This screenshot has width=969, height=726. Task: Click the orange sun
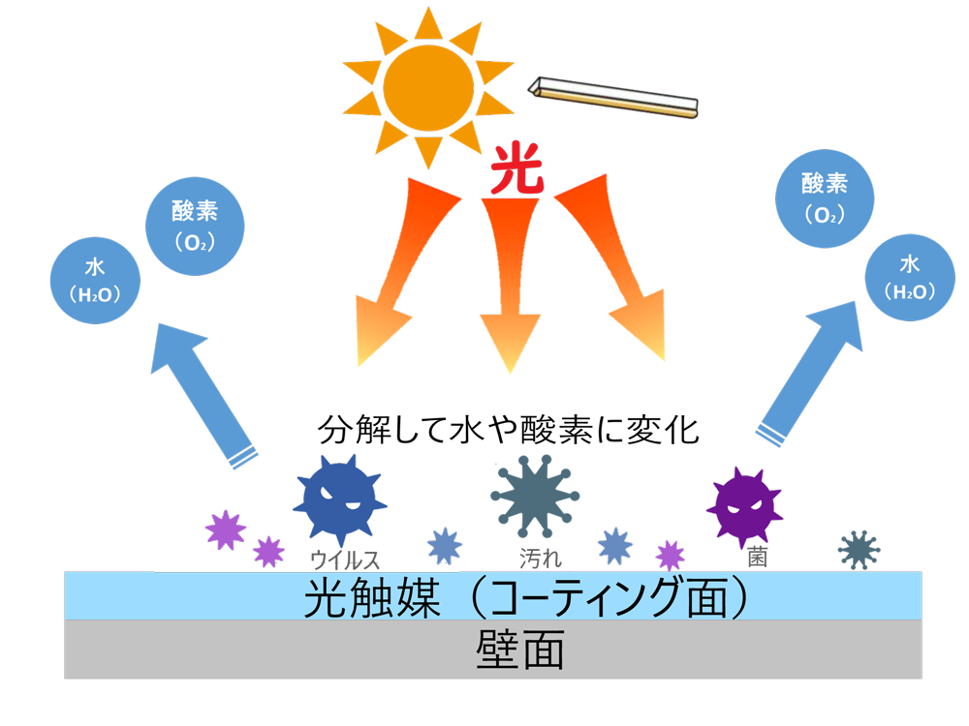click(427, 86)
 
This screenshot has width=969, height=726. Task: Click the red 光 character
click(515, 171)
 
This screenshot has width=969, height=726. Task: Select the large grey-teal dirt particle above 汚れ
click(535, 495)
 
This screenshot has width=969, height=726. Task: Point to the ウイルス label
click(343, 559)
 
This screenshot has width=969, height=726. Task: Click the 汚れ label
click(541, 559)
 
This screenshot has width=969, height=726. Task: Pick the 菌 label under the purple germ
click(758, 559)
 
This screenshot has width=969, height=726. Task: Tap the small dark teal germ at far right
click(859, 550)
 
